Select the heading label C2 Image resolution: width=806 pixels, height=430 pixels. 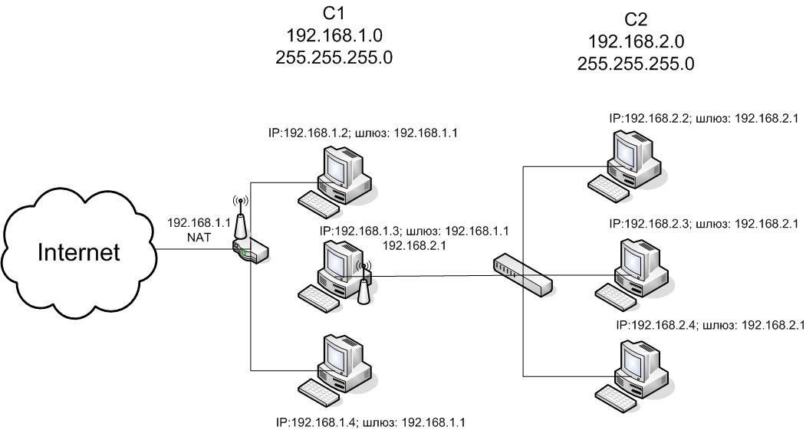(x=636, y=20)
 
